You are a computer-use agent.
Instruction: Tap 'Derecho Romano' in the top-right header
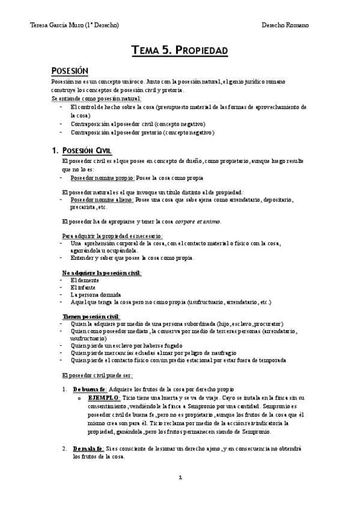click(x=285, y=25)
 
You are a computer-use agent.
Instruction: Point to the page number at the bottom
click(x=180, y=478)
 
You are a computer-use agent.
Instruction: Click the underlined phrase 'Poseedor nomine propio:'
click(x=103, y=178)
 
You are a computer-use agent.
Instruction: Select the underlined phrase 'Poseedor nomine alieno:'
click(x=103, y=199)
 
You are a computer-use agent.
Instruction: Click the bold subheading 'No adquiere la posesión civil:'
click(x=102, y=273)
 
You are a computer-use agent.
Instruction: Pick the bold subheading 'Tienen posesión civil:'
click(x=91, y=316)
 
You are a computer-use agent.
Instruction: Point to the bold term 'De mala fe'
click(x=88, y=449)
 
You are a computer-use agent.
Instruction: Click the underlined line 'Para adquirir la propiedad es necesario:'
click(x=112, y=235)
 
